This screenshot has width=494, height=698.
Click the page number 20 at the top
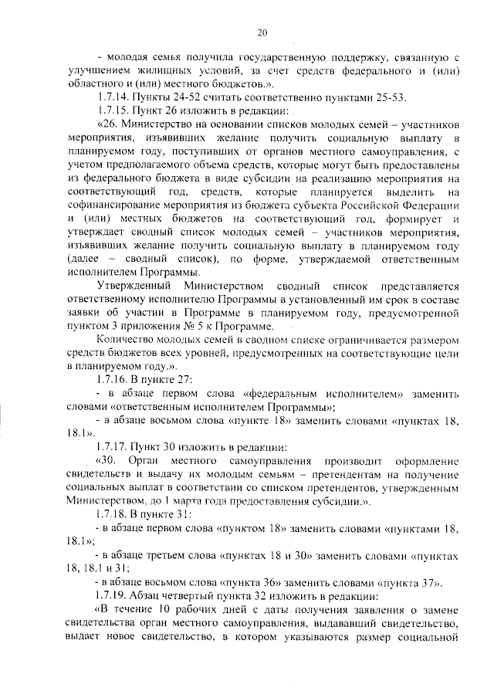262,32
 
